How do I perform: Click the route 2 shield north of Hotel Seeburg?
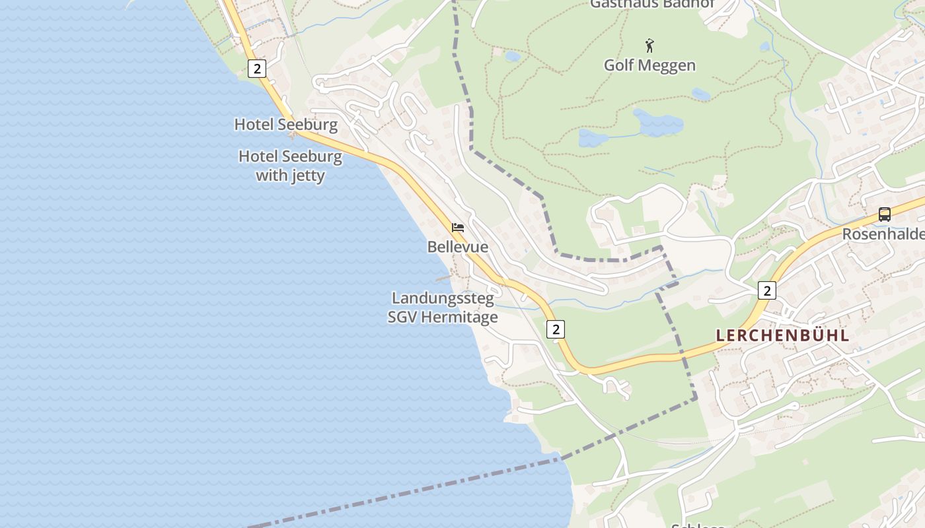pyautogui.click(x=257, y=68)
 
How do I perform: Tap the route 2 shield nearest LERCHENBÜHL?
pyautogui.click(x=766, y=290)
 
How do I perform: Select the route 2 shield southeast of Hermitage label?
pyautogui.click(x=556, y=329)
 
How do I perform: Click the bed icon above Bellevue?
pyautogui.click(x=457, y=228)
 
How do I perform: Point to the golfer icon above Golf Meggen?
pyautogui.click(x=649, y=46)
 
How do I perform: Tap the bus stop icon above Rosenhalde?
pyautogui.click(x=884, y=214)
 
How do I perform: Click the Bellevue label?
pyautogui.click(x=457, y=247)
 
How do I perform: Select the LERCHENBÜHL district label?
pyautogui.click(x=782, y=335)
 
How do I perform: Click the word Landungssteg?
pyautogui.click(x=443, y=298)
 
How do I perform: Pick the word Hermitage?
pyautogui.click(x=459, y=317)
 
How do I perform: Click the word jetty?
pyautogui.click(x=307, y=176)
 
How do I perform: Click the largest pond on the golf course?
pyautogui.click(x=658, y=123)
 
